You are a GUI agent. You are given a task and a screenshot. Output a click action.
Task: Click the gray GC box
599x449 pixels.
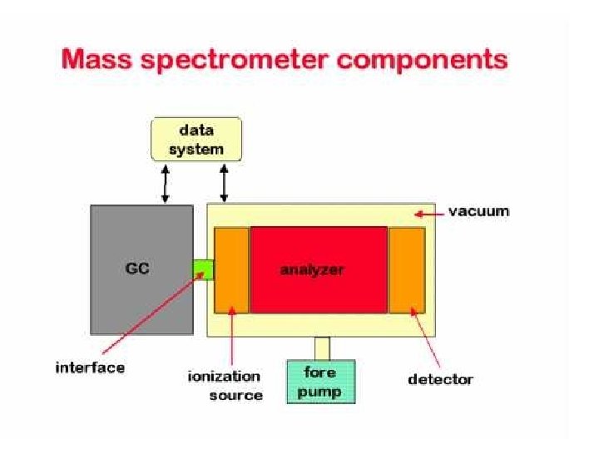(141, 270)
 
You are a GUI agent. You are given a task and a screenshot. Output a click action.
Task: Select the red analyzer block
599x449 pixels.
(319, 269)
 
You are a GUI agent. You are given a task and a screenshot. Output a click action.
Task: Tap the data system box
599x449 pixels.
(196, 140)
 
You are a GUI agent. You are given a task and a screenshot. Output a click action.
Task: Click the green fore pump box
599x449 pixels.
(320, 382)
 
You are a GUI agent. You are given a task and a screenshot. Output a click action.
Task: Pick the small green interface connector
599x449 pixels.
(203, 269)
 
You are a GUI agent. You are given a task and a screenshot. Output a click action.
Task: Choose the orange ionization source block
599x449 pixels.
(231, 269)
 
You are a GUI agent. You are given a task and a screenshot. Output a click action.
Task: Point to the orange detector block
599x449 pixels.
(407, 269)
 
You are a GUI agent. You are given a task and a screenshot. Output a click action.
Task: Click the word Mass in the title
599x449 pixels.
(102, 60)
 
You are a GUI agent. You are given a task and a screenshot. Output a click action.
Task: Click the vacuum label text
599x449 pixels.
(478, 211)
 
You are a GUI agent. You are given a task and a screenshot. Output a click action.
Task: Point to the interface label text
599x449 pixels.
(90, 368)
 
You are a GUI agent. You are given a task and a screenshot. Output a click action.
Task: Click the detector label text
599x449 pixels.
(440, 380)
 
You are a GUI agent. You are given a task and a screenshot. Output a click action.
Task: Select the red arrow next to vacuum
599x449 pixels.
(428, 213)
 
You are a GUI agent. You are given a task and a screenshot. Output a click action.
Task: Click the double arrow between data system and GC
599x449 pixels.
(165, 183)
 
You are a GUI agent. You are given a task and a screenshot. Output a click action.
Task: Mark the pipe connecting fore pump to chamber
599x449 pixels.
(322, 348)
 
